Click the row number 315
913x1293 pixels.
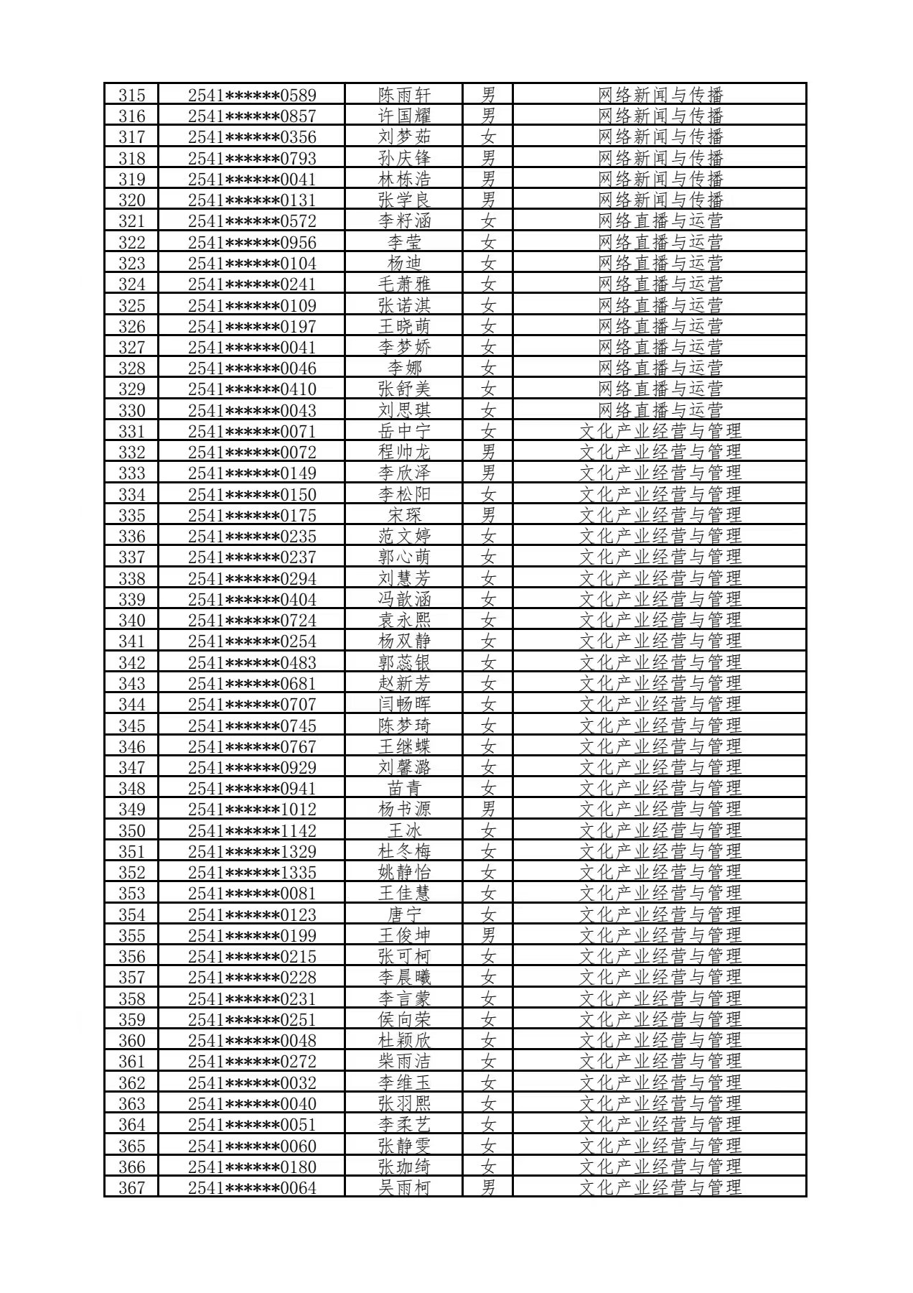tap(131, 95)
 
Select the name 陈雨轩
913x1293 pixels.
tap(405, 95)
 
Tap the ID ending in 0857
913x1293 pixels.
tap(252, 116)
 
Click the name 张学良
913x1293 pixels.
tap(405, 200)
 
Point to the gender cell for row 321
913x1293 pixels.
tap(488, 221)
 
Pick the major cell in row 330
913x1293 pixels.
tap(660, 410)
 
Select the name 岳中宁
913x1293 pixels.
tap(405, 431)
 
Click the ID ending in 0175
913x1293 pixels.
tap(252, 515)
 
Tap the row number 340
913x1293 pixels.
tap(131, 620)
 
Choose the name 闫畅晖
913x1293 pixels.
tap(405, 704)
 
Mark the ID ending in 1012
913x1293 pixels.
tap(252, 809)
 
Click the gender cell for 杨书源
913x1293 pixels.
tap(488, 809)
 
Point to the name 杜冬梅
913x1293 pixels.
tap(405, 851)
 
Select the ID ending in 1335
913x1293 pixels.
tap(252, 872)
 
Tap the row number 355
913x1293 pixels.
tap(131, 935)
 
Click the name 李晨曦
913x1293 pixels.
tap(405, 977)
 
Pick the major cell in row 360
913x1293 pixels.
tap(660, 1040)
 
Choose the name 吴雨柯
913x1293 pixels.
tap(405, 1187)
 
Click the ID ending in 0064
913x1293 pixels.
tap(252, 1187)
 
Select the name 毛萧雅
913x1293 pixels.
tap(405, 284)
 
